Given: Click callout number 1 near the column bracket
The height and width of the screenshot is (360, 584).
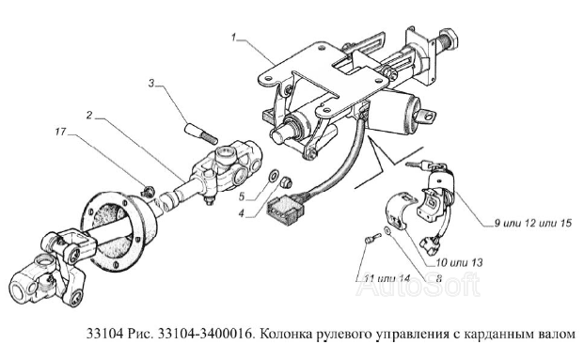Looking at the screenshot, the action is click(234, 38).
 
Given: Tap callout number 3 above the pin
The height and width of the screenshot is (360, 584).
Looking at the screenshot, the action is click(151, 84).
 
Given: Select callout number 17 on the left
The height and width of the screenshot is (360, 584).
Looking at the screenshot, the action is click(60, 132).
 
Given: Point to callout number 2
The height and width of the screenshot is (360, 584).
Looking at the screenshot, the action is click(89, 116).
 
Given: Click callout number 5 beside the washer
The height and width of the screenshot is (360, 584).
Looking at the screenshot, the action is click(242, 196).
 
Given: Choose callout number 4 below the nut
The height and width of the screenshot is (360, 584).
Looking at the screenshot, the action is click(242, 214).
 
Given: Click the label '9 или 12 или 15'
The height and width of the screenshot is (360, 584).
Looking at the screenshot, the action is click(532, 224).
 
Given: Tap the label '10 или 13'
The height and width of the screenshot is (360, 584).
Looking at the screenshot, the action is click(459, 263).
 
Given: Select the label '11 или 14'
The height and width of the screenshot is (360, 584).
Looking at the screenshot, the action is click(387, 278).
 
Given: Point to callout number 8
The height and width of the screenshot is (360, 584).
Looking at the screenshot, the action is click(438, 278).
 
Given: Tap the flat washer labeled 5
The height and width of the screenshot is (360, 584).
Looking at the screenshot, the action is click(274, 175).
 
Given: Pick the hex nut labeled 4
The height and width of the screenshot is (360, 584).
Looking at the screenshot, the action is click(288, 181).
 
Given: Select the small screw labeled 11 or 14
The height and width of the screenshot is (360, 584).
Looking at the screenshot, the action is click(372, 238).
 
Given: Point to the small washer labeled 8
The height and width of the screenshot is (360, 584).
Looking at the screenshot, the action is click(387, 231).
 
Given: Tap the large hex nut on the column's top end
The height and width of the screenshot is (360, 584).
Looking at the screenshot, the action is click(450, 39).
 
